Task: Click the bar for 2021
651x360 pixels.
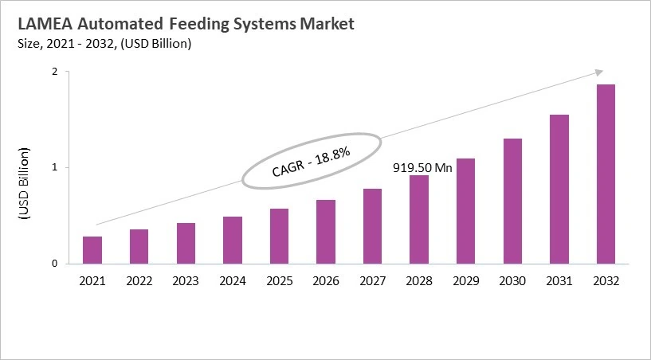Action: [x=92, y=250]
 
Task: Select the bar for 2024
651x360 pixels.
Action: [x=232, y=240]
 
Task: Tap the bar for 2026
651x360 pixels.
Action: [x=325, y=232]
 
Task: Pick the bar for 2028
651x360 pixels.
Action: [x=419, y=219]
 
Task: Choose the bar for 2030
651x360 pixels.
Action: [x=512, y=201]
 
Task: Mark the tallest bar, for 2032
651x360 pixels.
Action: [x=606, y=174]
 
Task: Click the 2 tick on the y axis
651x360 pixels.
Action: [x=55, y=72]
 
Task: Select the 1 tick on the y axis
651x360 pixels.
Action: [x=55, y=168]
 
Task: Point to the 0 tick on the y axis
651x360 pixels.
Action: [x=55, y=264]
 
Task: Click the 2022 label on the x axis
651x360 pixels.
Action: [x=139, y=280]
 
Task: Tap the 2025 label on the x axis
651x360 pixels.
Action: [x=279, y=280]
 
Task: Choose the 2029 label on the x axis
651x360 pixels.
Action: [x=465, y=280]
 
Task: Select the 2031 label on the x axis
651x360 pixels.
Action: [x=559, y=280]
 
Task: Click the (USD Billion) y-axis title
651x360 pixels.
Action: [x=25, y=184]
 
